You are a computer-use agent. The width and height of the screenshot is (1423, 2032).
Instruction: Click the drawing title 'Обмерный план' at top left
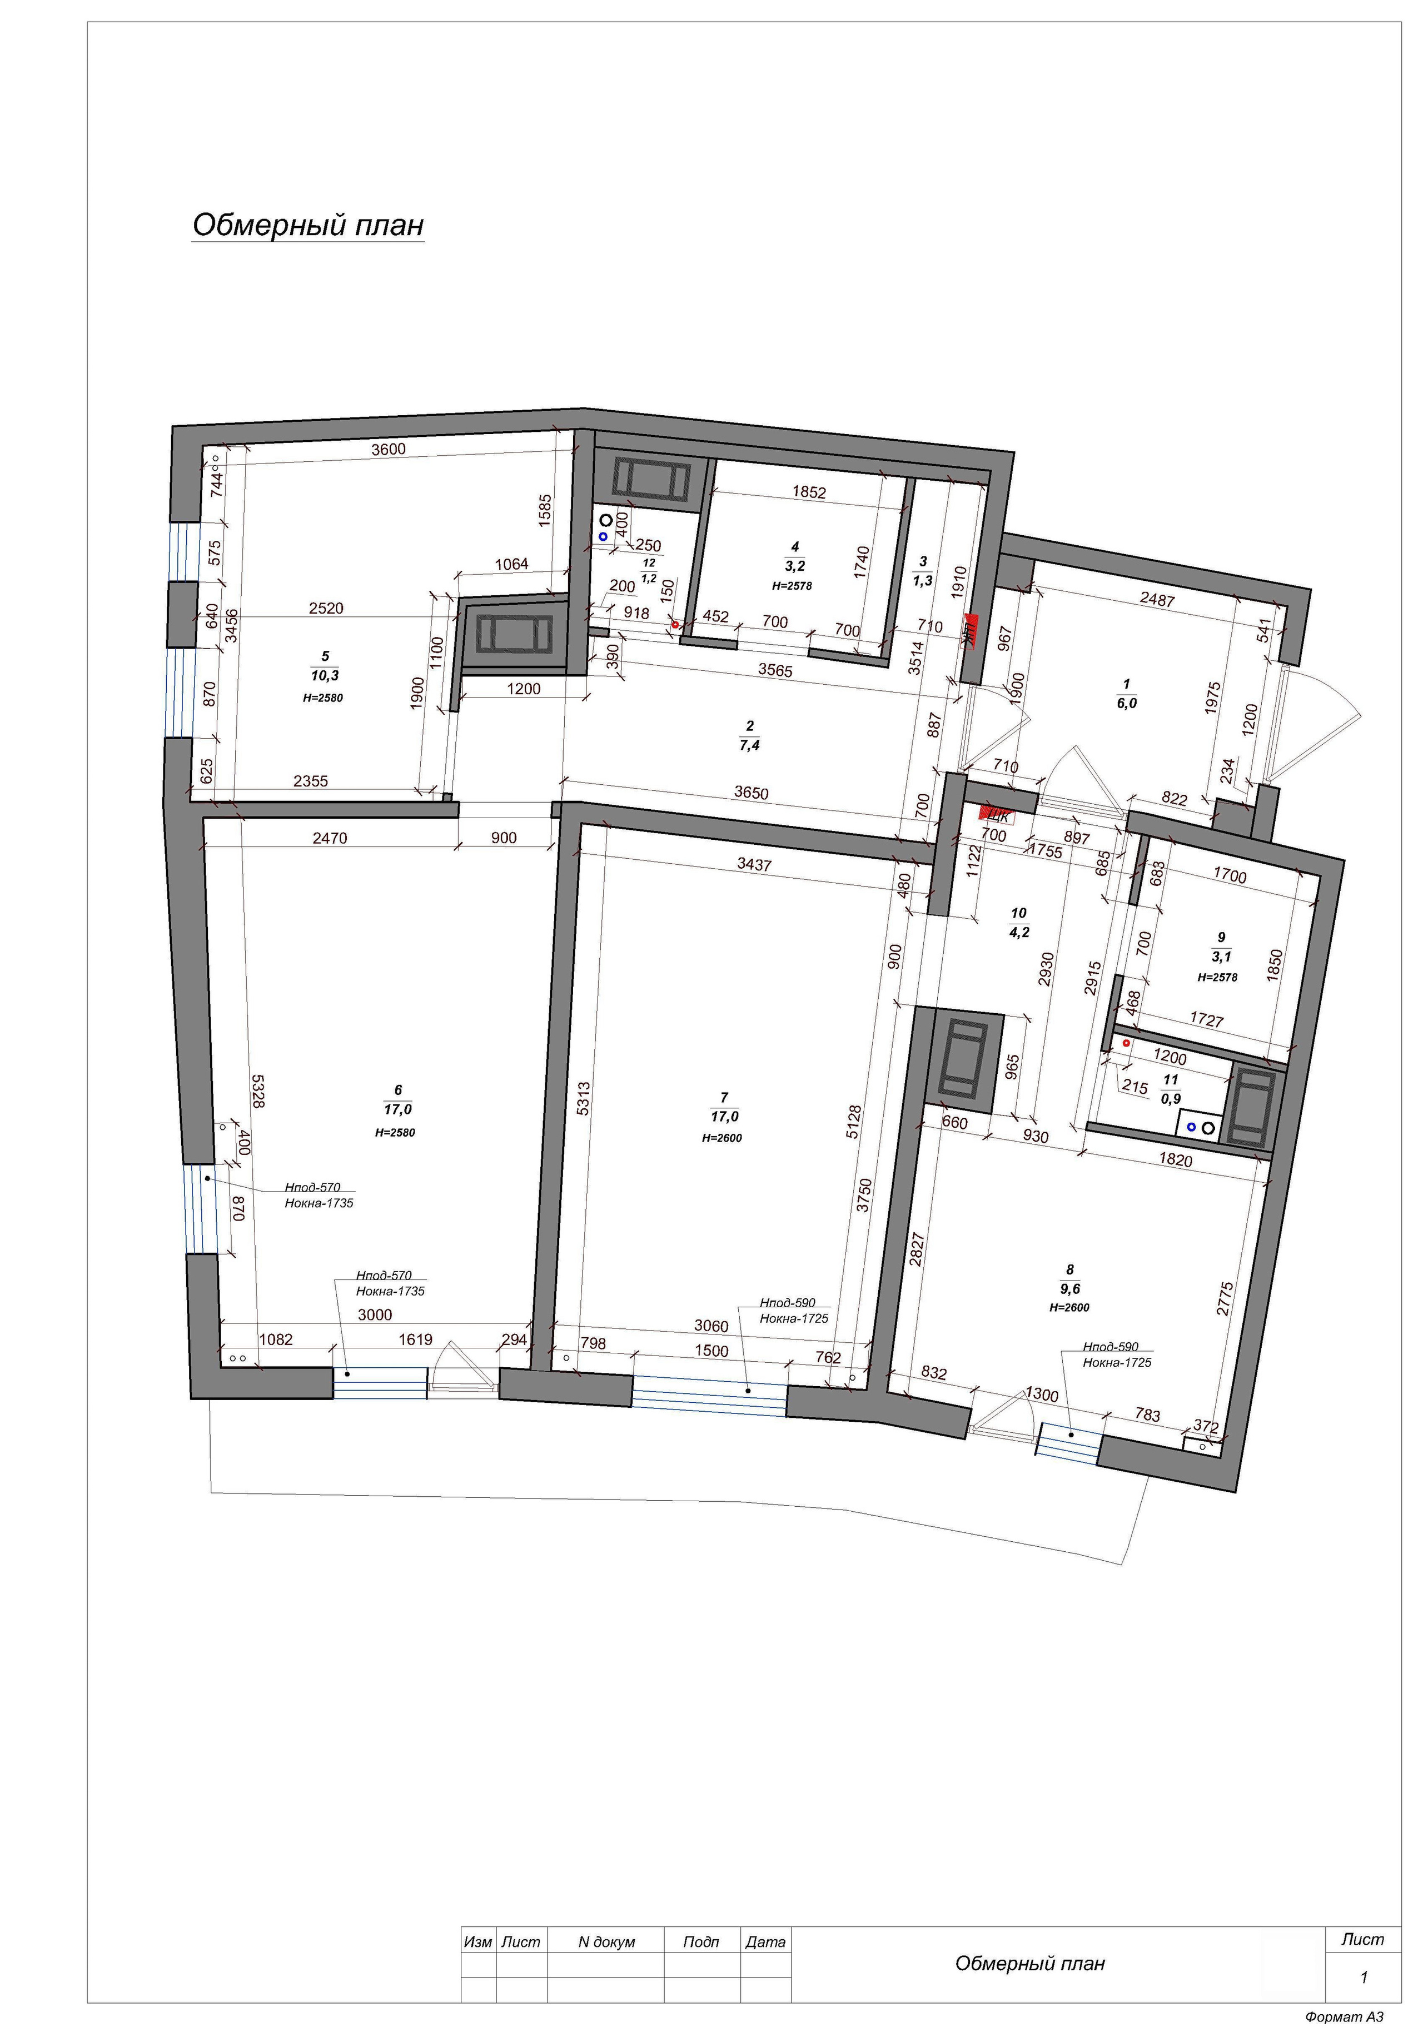308,225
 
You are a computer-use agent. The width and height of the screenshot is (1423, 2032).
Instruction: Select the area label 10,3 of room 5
325,675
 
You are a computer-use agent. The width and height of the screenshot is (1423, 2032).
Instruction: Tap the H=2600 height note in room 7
722,1138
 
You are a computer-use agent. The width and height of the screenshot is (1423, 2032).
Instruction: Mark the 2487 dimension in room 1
1157,599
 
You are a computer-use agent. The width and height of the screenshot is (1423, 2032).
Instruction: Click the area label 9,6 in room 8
1070,1289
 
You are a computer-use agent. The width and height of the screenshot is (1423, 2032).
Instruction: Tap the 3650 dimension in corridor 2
752,793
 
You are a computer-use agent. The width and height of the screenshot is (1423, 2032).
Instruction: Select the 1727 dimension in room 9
1206,1019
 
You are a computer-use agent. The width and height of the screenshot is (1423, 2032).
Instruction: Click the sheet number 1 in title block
1364,1976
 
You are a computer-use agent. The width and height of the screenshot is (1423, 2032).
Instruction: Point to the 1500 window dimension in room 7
711,1351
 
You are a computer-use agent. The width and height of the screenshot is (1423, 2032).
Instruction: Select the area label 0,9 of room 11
1170,1099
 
